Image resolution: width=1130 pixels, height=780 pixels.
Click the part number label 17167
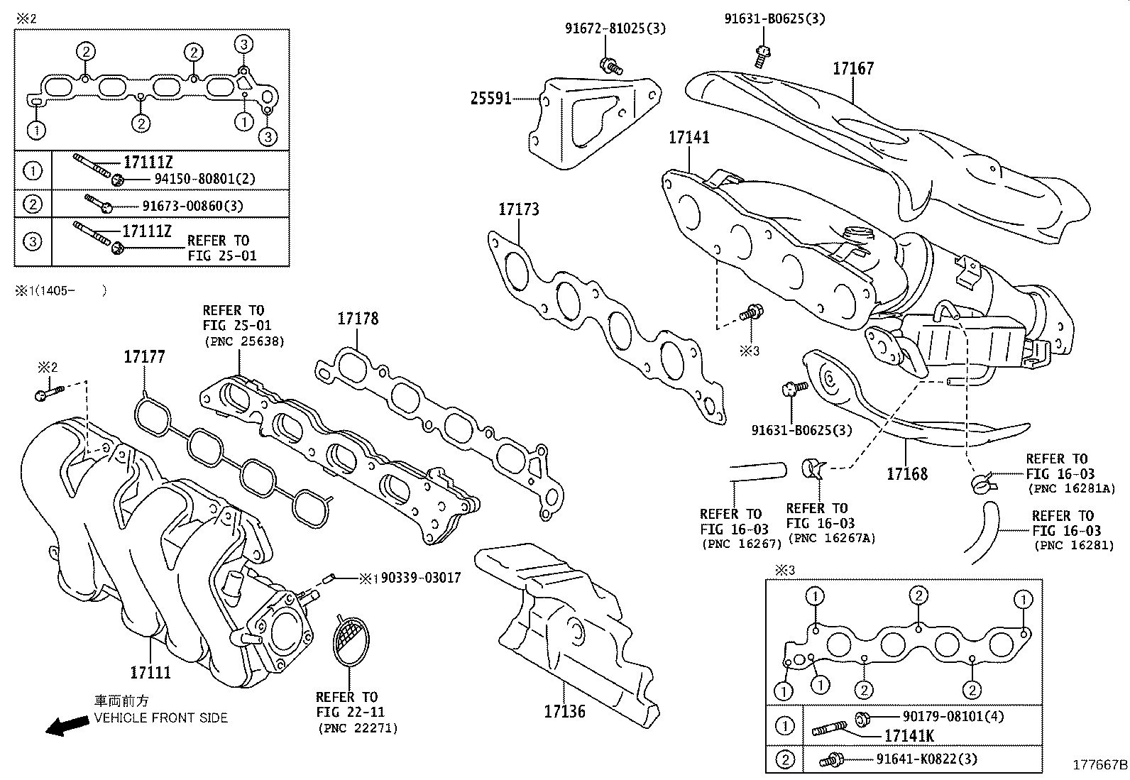[x=853, y=69]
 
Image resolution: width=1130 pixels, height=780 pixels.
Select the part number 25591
[x=490, y=99]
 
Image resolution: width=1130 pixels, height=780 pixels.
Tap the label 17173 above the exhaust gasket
[x=518, y=209]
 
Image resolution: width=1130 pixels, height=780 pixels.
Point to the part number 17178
[x=358, y=319]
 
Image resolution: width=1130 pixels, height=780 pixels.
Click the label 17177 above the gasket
[x=144, y=357]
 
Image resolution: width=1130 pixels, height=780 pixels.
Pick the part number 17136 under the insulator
[x=565, y=710]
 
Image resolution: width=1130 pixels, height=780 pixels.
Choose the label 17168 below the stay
[x=906, y=473]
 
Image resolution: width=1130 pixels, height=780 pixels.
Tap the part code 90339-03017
[x=420, y=578]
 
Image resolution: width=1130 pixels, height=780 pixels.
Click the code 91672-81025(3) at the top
[x=615, y=28]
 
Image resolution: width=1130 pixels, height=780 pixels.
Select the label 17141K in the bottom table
[x=909, y=736]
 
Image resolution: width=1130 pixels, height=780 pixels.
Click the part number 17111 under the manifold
[x=150, y=671]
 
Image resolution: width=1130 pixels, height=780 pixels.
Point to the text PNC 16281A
[x=1072, y=489]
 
